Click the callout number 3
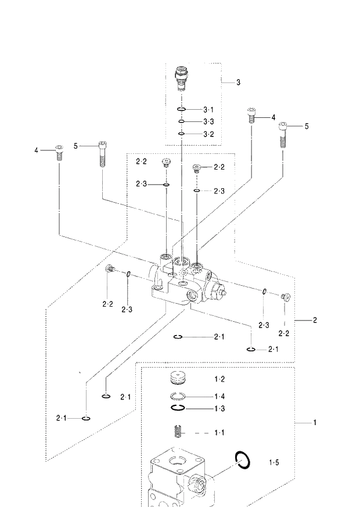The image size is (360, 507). pos(238,82)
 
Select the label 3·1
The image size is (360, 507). pos(208,110)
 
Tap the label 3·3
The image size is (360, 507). pos(208,121)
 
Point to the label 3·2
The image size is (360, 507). pos(208,134)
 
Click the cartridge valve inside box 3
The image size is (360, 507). pos(182,80)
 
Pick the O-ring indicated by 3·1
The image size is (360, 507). pos(182,110)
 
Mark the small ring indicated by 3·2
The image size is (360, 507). pos(182,134)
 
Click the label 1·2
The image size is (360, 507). pos(219,379)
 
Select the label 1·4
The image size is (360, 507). pos(219,396)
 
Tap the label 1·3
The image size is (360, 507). pos(219,408)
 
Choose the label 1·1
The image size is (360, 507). pos(219,433)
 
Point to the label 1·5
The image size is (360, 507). pos(273,462)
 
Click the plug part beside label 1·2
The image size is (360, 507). pos(179,379)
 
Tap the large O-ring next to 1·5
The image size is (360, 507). pos(243,460)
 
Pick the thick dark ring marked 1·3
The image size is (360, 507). pos(178,408)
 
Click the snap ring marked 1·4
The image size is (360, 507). pos(179,396)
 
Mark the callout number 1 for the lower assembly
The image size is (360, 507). pos(315,423)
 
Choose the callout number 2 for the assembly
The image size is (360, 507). pos(315,320)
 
